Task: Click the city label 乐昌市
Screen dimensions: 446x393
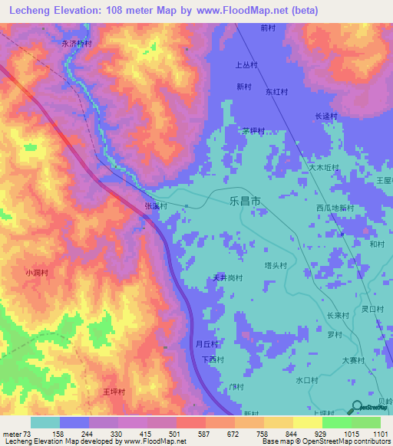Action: [x=245, y=201]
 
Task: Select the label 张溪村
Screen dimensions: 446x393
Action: [x=155, y=206]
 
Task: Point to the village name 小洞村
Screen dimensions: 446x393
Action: [x=36, y=272]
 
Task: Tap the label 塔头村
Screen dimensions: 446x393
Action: [x=276, y=266]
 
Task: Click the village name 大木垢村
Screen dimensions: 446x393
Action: [x=324, y=166]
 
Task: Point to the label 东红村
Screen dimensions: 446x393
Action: [x=276, y=91]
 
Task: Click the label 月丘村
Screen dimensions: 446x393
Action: [x=207, y=344]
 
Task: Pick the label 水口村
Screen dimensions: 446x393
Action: [x=306, y=379]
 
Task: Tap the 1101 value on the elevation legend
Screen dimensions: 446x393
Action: [x=380, y=434]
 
